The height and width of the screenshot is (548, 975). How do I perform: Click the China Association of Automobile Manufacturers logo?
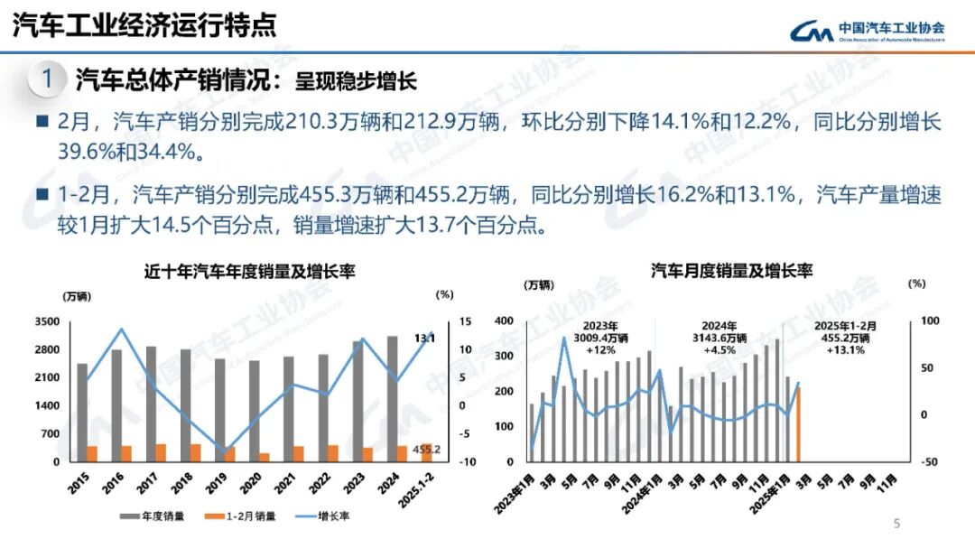tap(867, 32)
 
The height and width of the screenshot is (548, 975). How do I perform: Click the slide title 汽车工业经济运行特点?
tap(144, 26)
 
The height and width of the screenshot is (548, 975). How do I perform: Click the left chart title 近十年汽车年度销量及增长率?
tap(249, 271)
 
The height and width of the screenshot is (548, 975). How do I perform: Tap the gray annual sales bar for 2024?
tap(392, 398)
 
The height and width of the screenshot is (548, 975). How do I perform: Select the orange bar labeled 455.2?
tap(426, 452)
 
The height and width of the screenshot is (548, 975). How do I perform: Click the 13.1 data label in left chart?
tap(424, 338)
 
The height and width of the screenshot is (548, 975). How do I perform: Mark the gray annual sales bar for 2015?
tap(82, 412)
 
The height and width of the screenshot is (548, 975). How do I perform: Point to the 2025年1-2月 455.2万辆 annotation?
tap(845, 338)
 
